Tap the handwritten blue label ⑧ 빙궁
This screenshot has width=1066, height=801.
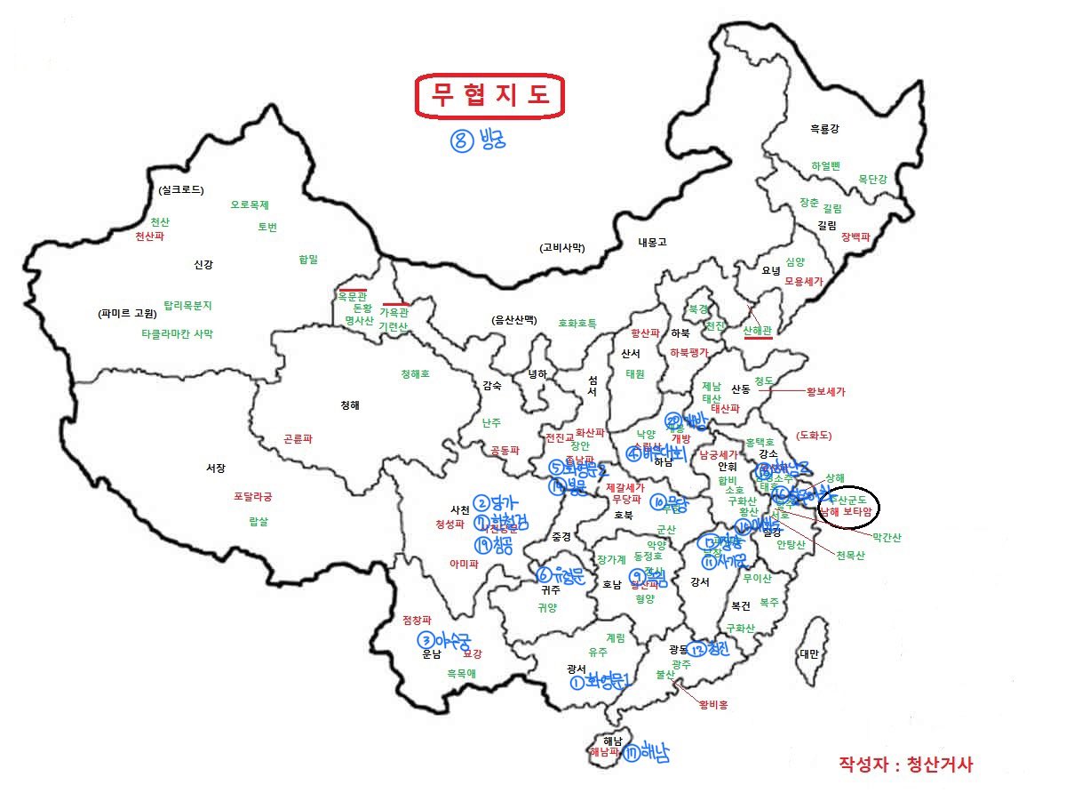coord(478,140)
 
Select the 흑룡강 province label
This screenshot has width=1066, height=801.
coord(823,129)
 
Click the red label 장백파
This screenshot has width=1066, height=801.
coord(855,236)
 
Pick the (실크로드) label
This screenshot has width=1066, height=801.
coord(181,189)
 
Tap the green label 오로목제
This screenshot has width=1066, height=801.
coord(250,204)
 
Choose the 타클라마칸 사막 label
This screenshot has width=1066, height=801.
coord(178,334)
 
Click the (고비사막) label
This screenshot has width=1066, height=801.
coord(562,247)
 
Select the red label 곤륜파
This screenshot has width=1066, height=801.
coord(298,439)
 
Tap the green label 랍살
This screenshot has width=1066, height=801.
coord(259,522)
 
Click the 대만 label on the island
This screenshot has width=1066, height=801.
coord(808,653)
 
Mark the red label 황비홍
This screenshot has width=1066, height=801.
coord(712,705)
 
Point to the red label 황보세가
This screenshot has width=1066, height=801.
coord(825,391)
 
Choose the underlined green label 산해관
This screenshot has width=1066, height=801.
coord(758,330)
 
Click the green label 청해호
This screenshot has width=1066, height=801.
coord(415,374)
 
